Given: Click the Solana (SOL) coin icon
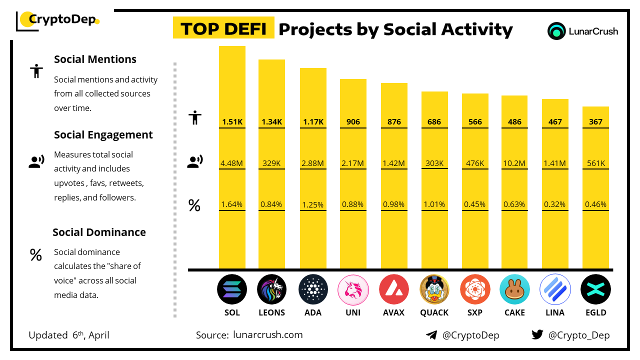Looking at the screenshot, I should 232,289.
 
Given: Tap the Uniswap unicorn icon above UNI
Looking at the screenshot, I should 353,289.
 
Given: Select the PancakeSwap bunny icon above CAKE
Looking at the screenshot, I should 514,289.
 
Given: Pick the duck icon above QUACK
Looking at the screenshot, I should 434,289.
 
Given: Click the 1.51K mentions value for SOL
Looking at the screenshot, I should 232,121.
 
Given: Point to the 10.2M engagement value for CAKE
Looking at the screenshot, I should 514,163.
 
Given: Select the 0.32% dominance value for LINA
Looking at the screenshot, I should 555,204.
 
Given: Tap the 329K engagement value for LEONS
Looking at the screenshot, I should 271,163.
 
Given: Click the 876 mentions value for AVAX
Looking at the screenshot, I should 394,121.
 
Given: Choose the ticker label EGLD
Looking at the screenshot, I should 595,312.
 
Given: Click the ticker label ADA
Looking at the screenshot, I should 313,312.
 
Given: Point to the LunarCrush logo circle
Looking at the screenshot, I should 556,31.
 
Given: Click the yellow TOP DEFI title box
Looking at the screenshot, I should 223,29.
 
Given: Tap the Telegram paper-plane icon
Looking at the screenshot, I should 431,335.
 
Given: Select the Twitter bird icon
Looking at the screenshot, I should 537,335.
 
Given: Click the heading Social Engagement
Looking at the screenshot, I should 103,135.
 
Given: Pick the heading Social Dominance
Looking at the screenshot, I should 99,232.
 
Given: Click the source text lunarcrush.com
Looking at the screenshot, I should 267,335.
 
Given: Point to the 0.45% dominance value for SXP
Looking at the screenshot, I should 474,204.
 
